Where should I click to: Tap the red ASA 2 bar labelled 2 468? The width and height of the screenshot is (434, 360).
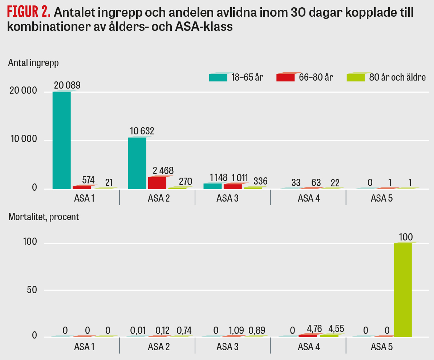coord(157,183)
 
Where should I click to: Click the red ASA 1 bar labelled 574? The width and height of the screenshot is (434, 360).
coord(82,187)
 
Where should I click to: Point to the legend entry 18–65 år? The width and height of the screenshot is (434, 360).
coord(236,77)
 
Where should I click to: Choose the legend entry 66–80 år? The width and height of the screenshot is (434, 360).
coord(304,77)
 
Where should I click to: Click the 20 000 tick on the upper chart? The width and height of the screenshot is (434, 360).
coord(23,92)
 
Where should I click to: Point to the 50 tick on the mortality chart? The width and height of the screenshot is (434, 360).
coord(32,290)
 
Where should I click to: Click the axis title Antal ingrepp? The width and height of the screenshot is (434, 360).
coord(33,62)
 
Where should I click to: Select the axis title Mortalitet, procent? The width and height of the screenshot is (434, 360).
coord(43,217)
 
